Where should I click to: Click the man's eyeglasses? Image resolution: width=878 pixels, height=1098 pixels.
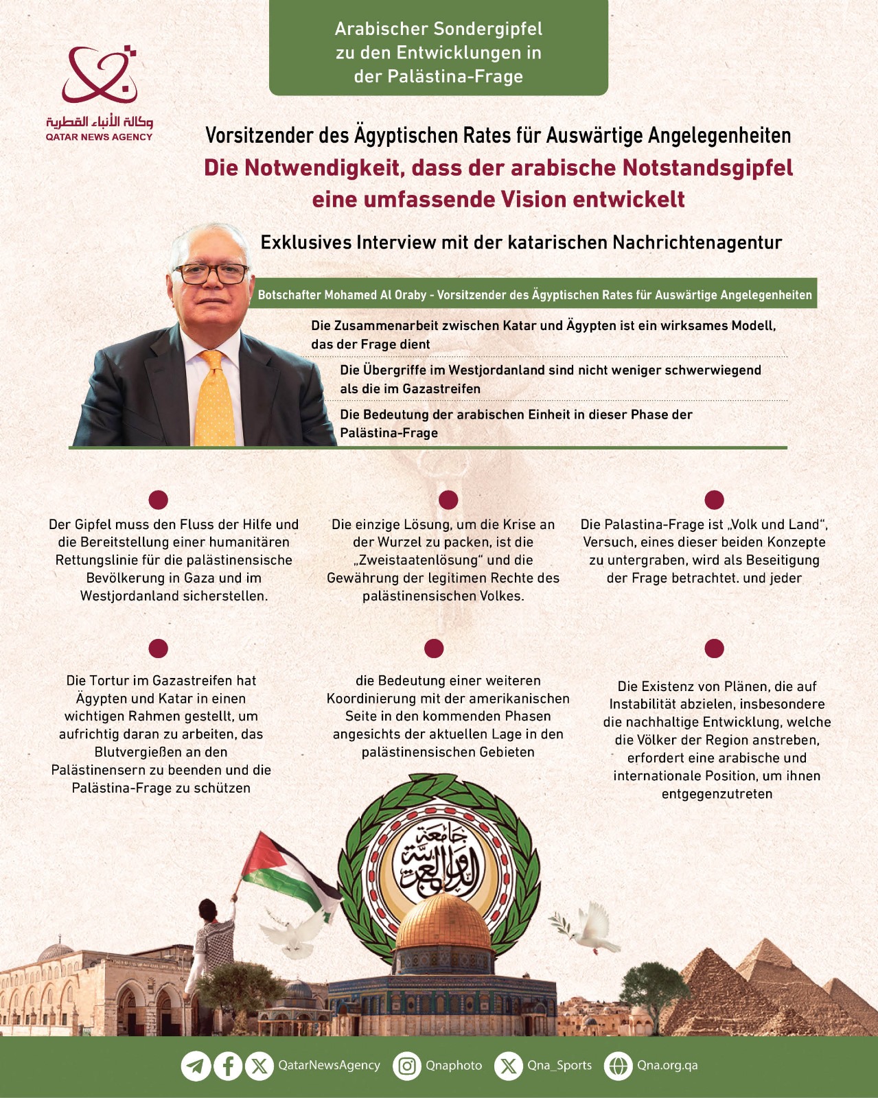[211, 274]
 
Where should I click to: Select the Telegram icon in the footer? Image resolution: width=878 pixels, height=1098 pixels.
[196, 1066]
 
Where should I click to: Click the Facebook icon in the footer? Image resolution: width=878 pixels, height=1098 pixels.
[228, 1066]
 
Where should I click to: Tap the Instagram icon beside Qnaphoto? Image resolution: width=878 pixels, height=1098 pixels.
[407, 1066]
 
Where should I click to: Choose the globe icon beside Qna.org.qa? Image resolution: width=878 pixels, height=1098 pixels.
[618, 1066]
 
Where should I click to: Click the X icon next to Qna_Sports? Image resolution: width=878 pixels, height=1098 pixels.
[509, 1066]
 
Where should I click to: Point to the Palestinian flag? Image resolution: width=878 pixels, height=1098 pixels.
[288, 868]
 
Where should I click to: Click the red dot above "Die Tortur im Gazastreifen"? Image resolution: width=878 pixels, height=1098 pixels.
[159, 648]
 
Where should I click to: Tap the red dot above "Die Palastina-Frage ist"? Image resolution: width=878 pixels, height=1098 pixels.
[714, 500]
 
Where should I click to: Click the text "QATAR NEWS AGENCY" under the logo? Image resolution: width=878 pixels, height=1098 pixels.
[99, 137]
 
